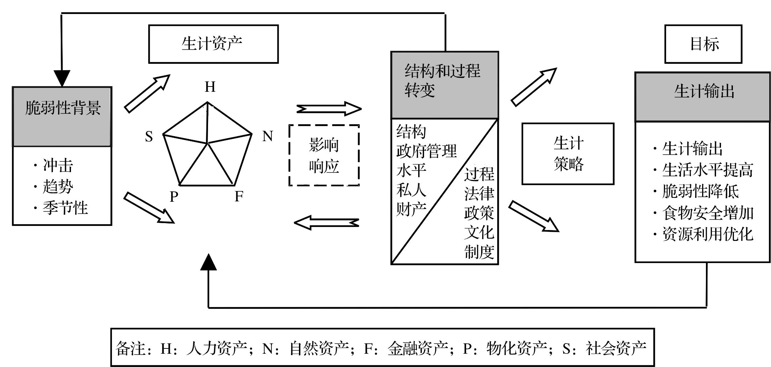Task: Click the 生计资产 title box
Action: pos(213,44)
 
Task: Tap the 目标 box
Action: pos(703,44)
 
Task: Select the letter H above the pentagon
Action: pos(210,87)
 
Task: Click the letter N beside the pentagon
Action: pos(267,136)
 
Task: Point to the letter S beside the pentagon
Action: pos(149,137)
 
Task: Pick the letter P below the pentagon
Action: pos(174,196)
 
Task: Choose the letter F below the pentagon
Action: pos(239,196)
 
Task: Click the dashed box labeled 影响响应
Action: pos(324,155)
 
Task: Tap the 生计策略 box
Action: pos(568,154)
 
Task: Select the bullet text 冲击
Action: pos(58,166)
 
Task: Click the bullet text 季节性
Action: pos(65,208)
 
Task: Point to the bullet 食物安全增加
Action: pos(708,213)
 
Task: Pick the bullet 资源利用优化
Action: pos(708,234)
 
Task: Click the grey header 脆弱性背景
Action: pos(62,117)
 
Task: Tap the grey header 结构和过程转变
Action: pos(444,85)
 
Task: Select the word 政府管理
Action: pos(427,151)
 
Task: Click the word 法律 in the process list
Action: pos(479,194)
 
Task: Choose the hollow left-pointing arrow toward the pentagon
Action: pos(327,222)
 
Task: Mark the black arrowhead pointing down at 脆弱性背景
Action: pos(62,78)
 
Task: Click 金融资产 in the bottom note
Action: pos(418,349)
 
